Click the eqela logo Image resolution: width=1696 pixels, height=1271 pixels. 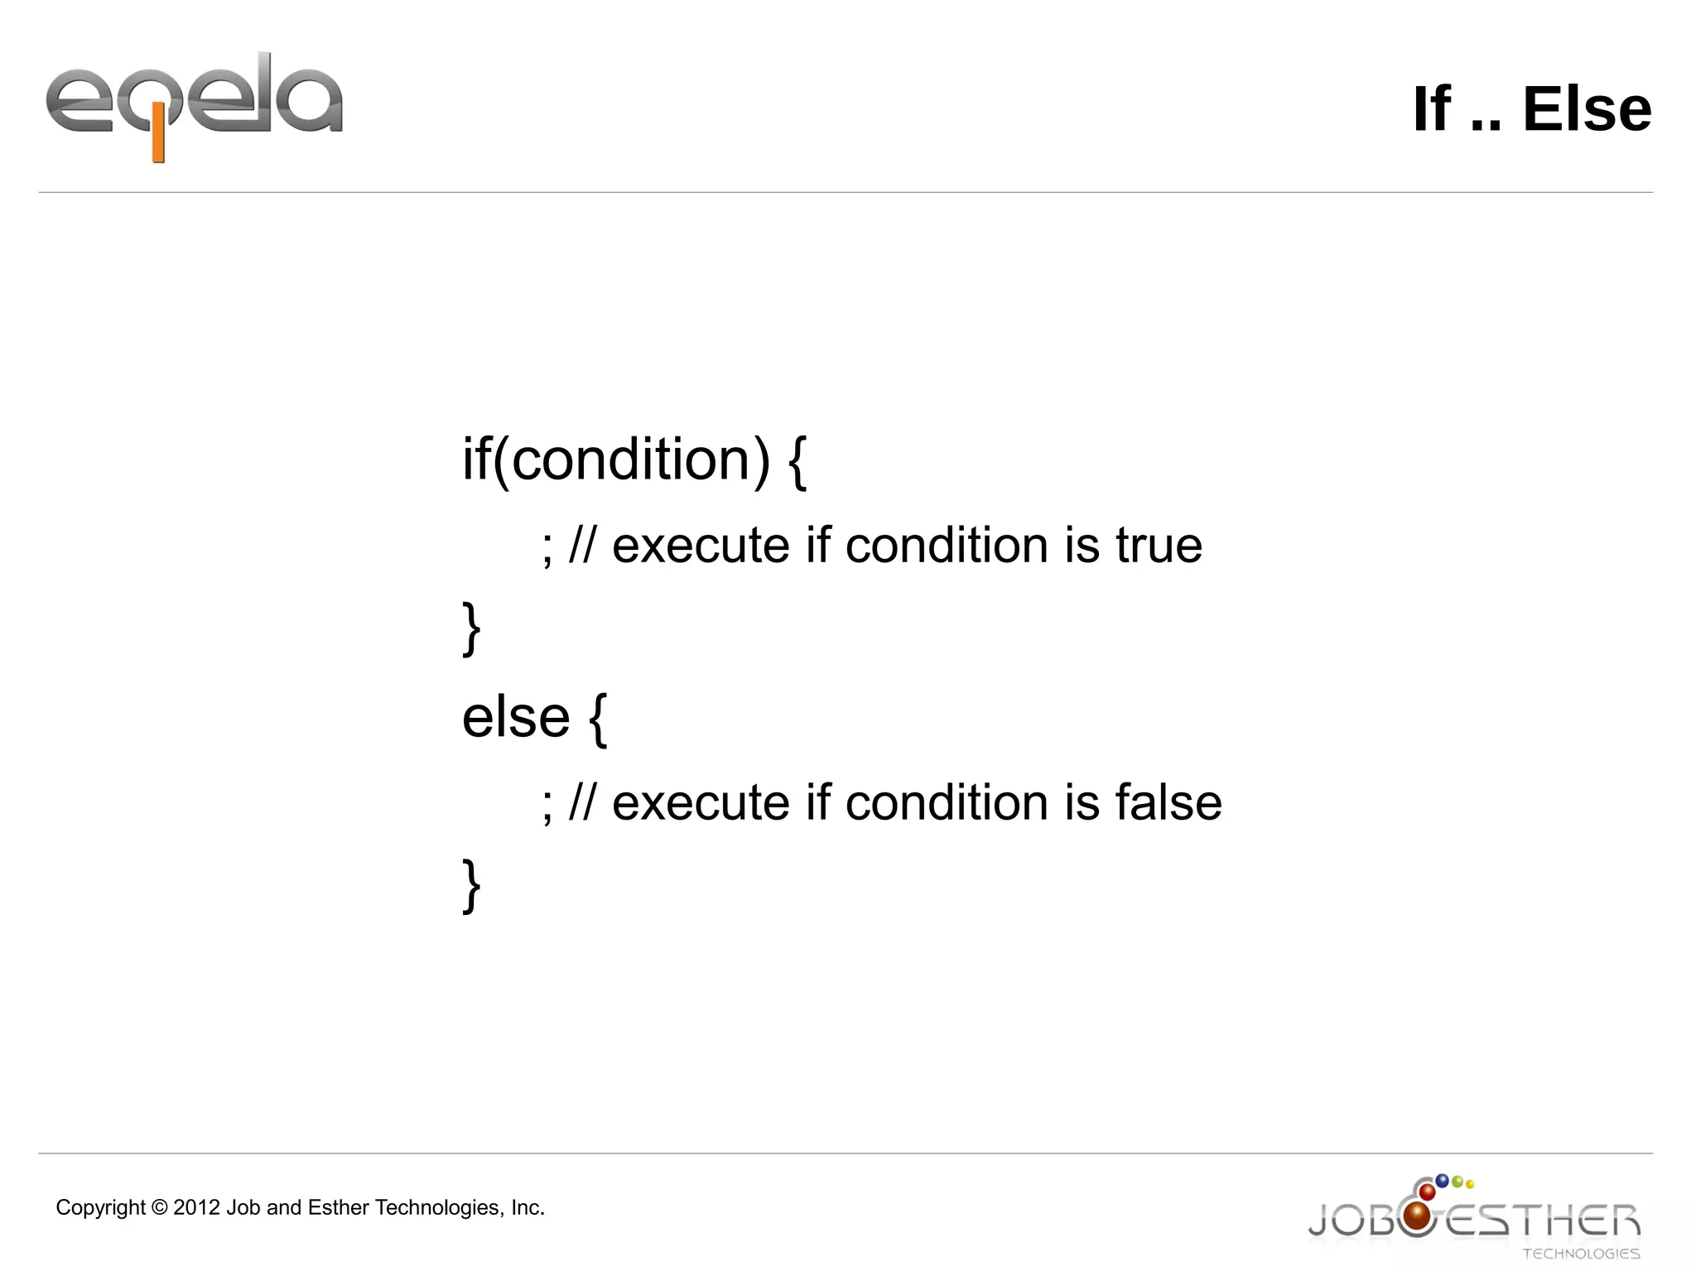click(194, 104)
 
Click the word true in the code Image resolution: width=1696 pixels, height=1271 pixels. click(1159, 546)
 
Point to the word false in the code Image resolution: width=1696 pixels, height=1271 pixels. click(1168, 802)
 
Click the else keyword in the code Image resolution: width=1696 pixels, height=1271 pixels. click(515, 717)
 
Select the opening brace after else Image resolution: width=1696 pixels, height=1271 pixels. click(598, 720)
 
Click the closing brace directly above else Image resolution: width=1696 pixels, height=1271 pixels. click(471, 629)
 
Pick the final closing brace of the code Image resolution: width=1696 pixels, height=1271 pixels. click(471, 886)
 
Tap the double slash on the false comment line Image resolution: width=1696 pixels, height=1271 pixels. click(581, 802)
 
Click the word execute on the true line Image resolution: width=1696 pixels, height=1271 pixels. click(701, 546)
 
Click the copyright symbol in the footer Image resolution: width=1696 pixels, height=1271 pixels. click(159, 1208)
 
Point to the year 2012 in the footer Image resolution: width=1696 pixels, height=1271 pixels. click(196, 1208)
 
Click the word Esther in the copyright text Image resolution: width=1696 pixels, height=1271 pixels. click(338, 1208)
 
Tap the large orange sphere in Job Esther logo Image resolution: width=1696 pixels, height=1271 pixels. click(1418, 1216)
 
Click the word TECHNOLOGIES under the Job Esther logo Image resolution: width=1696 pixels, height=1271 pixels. click(1581, 1254)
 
